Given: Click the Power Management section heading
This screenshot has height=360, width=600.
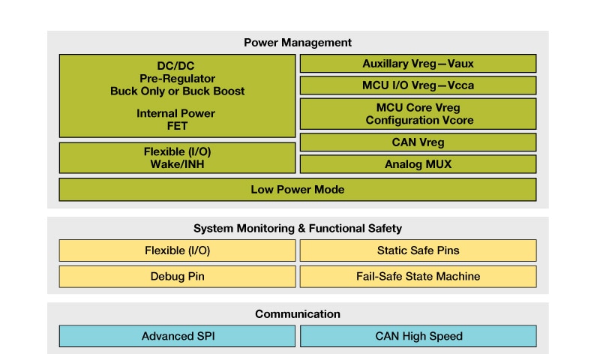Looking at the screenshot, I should (x=298, y=43).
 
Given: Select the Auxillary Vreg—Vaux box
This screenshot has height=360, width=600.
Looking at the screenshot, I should (x=418, y=64).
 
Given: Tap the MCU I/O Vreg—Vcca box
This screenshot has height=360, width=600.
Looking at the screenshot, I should (x=418, y=85).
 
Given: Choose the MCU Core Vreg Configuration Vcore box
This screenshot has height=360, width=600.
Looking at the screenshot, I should (x=418, y=113).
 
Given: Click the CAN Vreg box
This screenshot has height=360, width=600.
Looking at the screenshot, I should (x=418, y=142).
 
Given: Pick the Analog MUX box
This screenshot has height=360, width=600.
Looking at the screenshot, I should (x=418, y=164).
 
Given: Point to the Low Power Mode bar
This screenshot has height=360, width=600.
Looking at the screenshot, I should (x=298, y=190).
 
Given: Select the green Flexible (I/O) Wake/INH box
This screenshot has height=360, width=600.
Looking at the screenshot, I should (x=177, y=158).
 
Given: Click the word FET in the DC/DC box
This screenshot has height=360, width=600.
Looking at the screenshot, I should (x=177, y=126).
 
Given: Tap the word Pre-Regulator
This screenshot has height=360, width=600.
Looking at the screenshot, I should (x=177, y=78).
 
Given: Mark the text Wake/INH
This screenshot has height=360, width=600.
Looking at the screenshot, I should (x=177, y=164).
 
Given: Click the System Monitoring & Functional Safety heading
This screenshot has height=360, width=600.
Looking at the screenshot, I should (x=298, y=228).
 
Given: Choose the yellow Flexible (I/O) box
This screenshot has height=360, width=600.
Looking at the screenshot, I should (x=177, y=250).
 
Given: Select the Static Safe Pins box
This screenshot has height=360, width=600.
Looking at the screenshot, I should (x=418, y=250).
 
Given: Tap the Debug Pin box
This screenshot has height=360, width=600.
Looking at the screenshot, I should (x=177, y=276).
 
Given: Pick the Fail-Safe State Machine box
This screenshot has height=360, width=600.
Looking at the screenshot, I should (x=418, y=276).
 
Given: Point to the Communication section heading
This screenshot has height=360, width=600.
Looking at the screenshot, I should (x=298, y=313).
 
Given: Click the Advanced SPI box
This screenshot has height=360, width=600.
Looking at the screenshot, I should (x=177, y=336).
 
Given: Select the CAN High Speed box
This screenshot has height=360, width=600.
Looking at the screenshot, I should (x=418, y=336).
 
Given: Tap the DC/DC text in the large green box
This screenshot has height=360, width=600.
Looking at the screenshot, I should (x=177, y=65).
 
